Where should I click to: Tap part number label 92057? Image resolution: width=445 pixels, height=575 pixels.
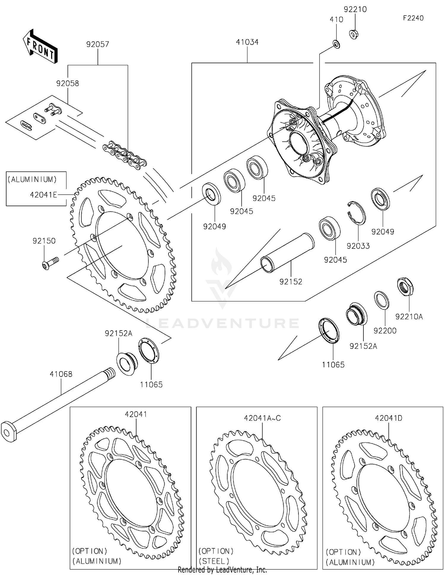coord(98,44)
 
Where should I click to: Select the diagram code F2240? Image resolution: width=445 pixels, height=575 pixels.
coord(413,18)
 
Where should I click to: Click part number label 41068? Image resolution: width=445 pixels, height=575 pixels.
coord(61,374)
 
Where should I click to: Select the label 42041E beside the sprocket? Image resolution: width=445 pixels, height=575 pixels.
coord(43,195)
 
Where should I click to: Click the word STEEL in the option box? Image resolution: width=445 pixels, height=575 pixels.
coord(214,561)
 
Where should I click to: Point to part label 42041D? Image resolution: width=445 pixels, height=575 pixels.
coord(389,418)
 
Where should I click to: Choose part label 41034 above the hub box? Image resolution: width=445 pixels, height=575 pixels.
coord(247,42)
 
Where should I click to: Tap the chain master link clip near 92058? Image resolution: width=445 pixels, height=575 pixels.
coord(26,125)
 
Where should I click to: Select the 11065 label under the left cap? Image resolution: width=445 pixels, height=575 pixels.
coord(151,385)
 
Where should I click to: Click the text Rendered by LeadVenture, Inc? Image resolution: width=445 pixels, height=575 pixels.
coord(222,570)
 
